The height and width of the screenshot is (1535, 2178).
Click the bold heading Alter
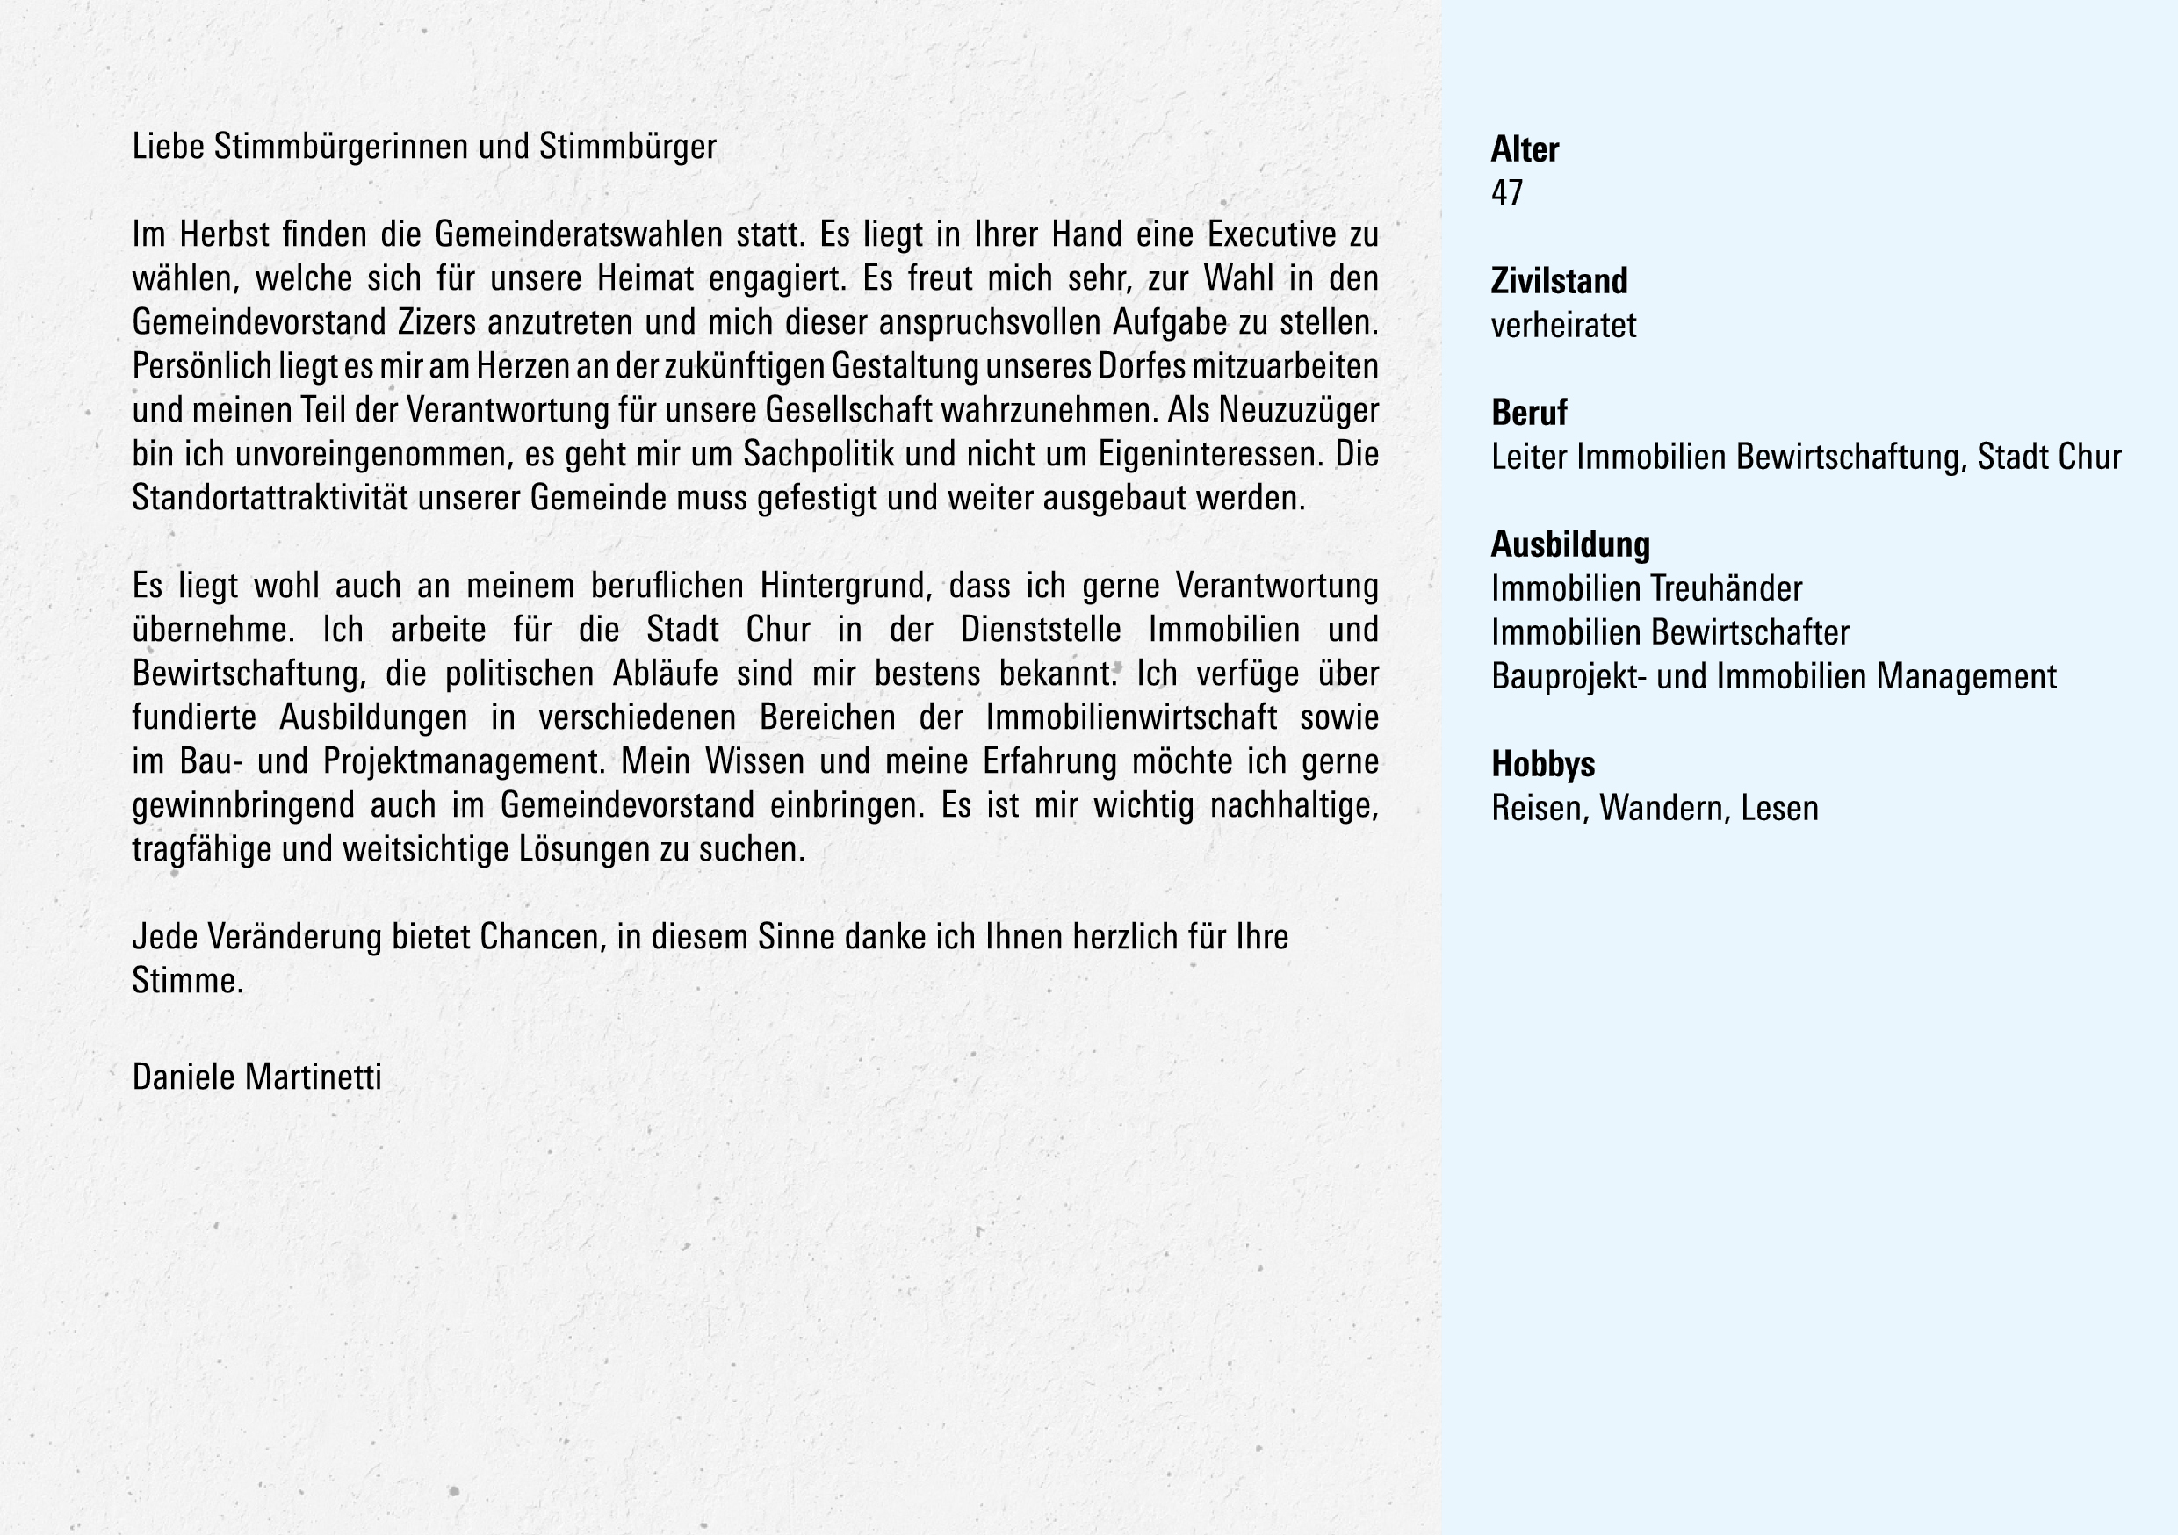click(1525, 150)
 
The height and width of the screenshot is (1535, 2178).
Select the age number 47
click(1506, 193)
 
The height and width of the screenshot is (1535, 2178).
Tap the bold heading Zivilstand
click(1559, 282)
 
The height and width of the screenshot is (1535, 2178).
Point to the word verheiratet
click(1563, 326)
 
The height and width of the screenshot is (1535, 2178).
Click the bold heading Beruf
click(1529, 414)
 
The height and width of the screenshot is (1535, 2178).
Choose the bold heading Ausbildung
click(1570, 544)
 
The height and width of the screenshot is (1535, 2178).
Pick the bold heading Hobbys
click(1542, 765)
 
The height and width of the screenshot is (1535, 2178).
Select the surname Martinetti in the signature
click(313, 1077)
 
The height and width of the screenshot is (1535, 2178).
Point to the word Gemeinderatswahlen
click(572, 234)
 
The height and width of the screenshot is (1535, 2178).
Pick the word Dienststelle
click(1041, 630)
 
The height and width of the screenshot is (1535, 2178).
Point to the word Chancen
click(542, 937)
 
